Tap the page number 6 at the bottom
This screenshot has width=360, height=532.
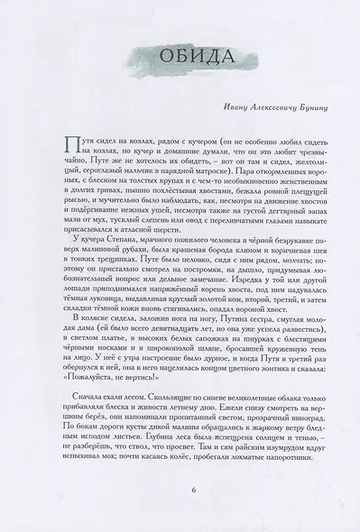tap(180, 491)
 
